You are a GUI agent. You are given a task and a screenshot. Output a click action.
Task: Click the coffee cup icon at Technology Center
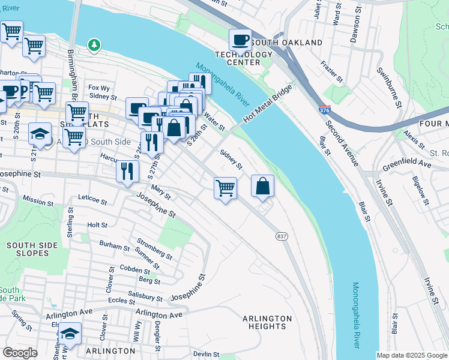(240, 40)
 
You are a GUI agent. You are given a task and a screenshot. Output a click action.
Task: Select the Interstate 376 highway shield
(324, 111)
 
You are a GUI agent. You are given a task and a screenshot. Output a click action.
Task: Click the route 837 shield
(281, 236)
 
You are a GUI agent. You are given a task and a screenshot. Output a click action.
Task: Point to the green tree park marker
(94, 44)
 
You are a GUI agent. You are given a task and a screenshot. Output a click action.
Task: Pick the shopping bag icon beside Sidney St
(262, 185)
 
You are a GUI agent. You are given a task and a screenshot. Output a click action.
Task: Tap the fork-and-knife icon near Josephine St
(127, 171)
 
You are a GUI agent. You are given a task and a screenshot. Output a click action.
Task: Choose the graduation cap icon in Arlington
(70, 333)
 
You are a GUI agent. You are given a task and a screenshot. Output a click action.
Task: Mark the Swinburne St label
(387, 87)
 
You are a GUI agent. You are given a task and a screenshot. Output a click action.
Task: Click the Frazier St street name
(331, 71)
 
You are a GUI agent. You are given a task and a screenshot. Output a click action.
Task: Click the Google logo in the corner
(20, 353)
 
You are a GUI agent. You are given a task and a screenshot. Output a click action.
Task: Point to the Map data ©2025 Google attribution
(412, 355)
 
